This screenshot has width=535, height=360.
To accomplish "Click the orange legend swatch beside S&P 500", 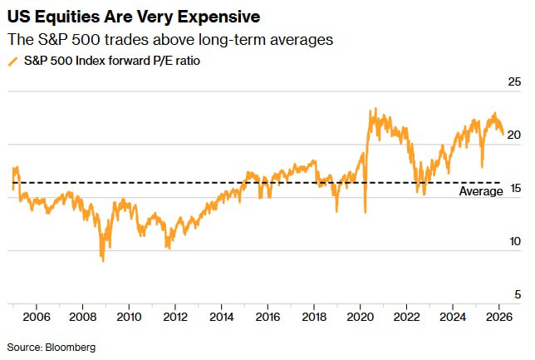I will click(x=12, y=61).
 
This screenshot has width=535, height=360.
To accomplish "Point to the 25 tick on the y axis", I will click(x=513, y=81).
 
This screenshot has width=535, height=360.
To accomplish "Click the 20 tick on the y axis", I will click(x=513, y=135).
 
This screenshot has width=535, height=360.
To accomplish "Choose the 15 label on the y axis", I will click(x=513, y=188).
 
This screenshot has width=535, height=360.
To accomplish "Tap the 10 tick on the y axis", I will click(x=513, y=241).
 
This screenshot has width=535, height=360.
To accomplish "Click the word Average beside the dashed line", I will click(x=481, y=191).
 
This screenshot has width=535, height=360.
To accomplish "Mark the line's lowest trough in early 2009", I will click(x=103, y=261).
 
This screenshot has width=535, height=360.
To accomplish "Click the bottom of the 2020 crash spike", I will click(x=366, y=213).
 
